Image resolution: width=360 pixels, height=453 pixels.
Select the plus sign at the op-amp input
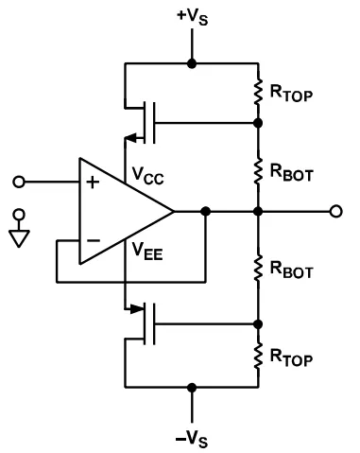(92, 183)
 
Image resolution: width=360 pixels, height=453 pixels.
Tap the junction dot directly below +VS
(192, 64)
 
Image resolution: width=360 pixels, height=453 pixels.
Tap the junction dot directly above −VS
(192, 386)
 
